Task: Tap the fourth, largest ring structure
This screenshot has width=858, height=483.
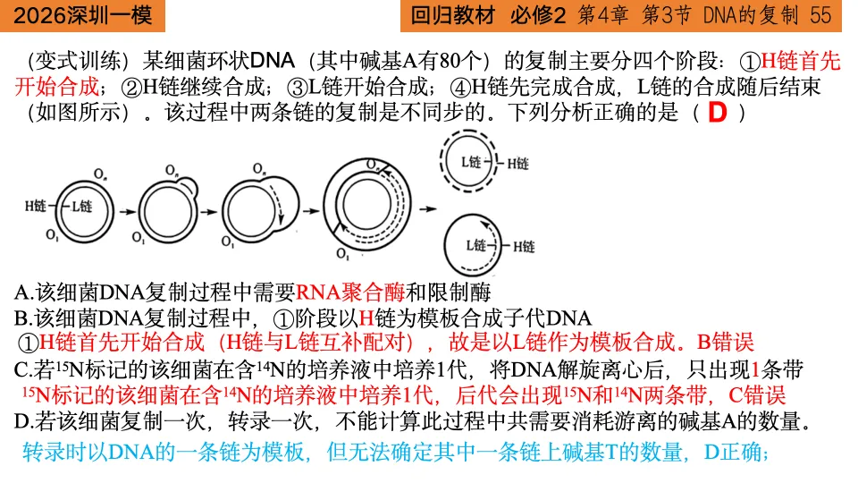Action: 361,205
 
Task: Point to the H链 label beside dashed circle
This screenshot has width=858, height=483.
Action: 518,164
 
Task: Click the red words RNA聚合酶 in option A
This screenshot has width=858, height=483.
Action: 350,292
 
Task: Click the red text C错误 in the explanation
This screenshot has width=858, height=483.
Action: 757,394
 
